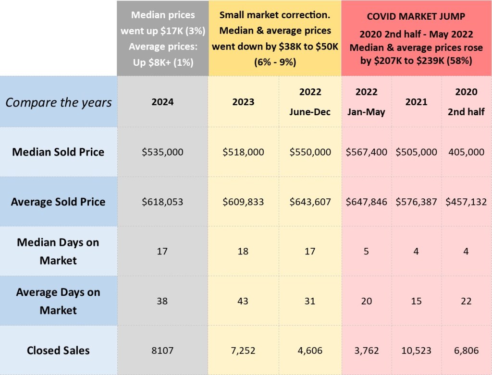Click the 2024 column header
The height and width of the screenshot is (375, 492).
tap(162, 102)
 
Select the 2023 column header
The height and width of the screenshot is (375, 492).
tap(243, 102)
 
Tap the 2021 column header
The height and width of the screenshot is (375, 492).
tap(416, 102)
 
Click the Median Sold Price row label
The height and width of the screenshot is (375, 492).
tap(58, 152)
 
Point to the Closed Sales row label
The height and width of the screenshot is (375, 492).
tap(58, 350)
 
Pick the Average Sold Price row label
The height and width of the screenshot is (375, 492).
tap(58, 202)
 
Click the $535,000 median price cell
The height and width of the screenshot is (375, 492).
tap(162, 152)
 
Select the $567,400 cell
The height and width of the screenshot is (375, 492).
tap(366, 152)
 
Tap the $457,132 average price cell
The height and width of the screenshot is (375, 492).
tap(466, 202)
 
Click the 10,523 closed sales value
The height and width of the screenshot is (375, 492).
tap(416, 351)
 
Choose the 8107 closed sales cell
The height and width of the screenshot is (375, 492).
tap(162, 351)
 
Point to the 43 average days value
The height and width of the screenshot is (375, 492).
tap(243, 301)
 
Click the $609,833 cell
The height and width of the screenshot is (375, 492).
tap(243, 202)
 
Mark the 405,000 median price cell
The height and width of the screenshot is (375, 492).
tap(466, 152)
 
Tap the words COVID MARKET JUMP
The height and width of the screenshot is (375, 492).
tap(416, 16)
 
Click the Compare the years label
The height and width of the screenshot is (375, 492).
tap(58, 102)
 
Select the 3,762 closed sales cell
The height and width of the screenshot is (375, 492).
tap(366, 351)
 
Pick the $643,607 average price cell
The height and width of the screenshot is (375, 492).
tap(310, 202)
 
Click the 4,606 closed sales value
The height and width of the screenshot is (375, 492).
tap(310, 351)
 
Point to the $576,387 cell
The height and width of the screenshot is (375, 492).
tap(416, 202)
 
